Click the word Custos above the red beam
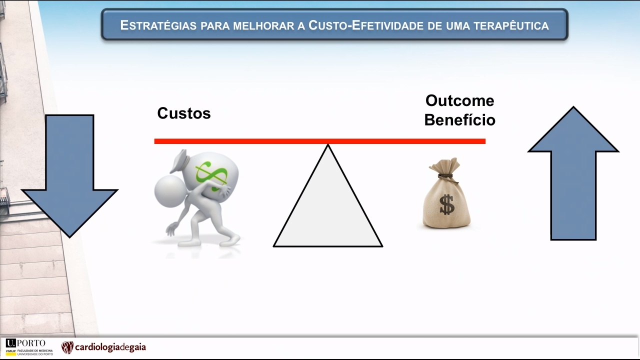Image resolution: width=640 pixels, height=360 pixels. point(184,113)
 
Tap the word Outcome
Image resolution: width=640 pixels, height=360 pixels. point(459,100)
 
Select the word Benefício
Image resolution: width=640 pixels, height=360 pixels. point(459,119)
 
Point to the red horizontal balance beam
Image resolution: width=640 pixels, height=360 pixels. point(319,141)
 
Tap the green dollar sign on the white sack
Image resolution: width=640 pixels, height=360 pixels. point(211,175)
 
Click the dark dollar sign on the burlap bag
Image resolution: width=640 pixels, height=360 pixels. point(447,204)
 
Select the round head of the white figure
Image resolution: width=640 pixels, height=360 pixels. point(170,191)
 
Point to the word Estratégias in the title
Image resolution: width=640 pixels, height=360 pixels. point(158,25)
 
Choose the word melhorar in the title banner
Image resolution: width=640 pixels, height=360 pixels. point(264,26)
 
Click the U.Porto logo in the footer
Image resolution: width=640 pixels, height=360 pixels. point(25,343)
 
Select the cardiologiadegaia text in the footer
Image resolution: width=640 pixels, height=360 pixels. point(110,347)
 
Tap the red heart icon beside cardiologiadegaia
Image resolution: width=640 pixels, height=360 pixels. point(67,347)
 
